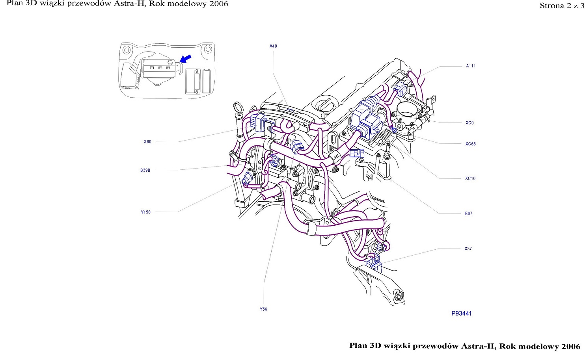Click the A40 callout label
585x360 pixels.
tap(273, 46)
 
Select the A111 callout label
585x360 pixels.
tap(471, 66)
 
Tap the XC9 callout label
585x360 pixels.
tap(469, 122)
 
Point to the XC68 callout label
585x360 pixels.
tap(470, 144)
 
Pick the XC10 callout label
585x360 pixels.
tap(470, 178)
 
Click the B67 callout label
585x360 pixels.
tap(468, 213)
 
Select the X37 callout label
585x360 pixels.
tap(468, 249)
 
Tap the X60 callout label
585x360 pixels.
tap(147, 142)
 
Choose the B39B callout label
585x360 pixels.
tap(145, 170)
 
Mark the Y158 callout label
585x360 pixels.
tap(145, 212)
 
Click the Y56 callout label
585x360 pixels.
tap(263, 309)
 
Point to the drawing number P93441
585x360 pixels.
tap(461, 314)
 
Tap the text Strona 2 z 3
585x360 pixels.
tap(562, 6)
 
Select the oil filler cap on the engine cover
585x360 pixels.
tap(325, 105)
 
